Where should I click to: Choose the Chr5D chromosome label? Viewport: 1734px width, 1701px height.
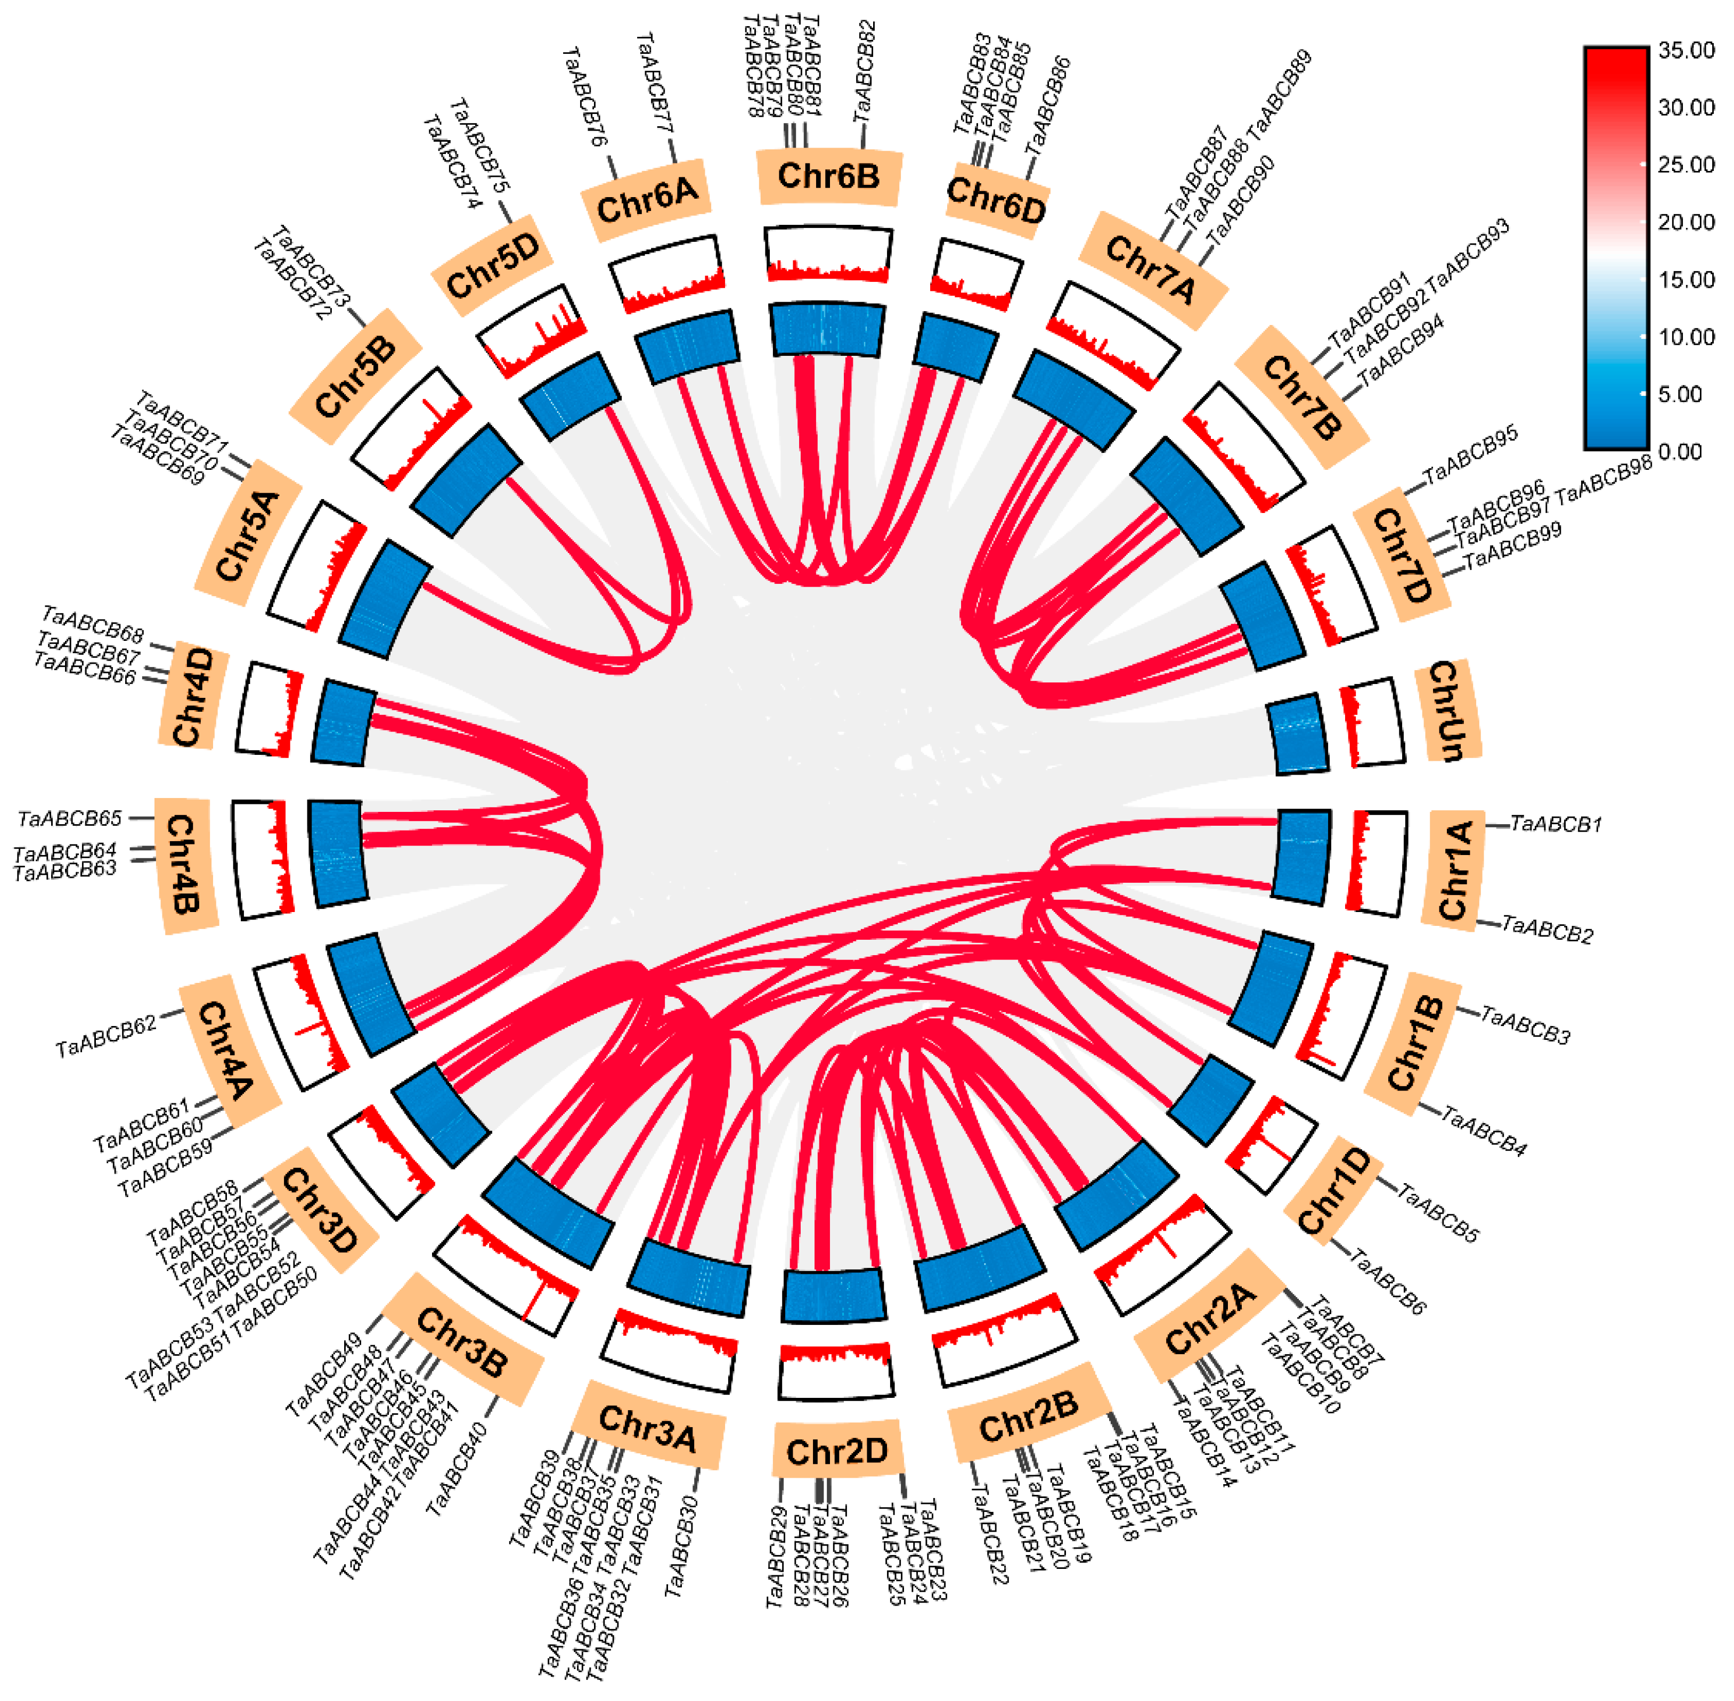tap(494, 265)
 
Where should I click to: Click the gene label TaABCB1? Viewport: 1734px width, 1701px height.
tap(1556, 824)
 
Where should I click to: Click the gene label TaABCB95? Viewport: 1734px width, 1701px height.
tap(1470, 455)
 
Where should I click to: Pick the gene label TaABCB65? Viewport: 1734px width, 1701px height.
tap(70, 818)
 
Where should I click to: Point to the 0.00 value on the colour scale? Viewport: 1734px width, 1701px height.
tap(1680, 452)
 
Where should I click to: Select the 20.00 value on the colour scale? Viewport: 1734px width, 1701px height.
tap(1686, 223)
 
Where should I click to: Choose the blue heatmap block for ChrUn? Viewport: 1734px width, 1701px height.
tap(1299, 733)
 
